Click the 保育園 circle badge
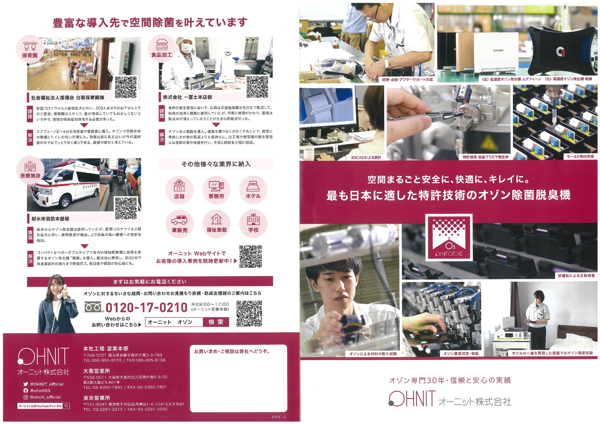point(30,49)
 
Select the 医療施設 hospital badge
point(30,170)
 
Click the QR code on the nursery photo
point(126,87)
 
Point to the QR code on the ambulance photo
point(126,208)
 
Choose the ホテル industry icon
point(253,190)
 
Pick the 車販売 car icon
point(179,224)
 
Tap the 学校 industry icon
point(253,224)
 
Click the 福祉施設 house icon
point(216,224)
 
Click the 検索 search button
point(216,322)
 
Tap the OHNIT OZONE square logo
point(449,237)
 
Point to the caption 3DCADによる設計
point(366,158)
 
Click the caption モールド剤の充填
point(580,157)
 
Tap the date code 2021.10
point(279,417)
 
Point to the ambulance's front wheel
point(65,202)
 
